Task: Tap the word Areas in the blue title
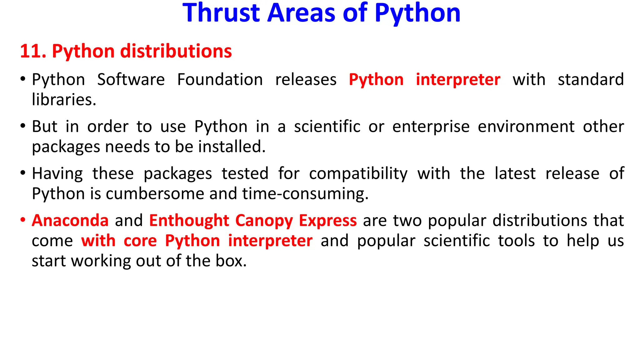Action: [x=301, y=13]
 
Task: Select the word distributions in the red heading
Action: [x=176, y=51]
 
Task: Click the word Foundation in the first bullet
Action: [x=220, y=80]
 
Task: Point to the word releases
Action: [x=306, y=80]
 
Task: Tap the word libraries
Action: [x=64, y=100]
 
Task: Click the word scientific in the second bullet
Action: [x=327, y=127]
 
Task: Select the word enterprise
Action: [x=431, y=127]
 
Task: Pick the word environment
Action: [x=526, y=127]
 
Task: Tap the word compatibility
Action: [x=358, y=174]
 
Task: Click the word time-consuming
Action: [x=305, y=194]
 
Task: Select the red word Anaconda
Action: [x=70, y=221]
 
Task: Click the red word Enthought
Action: [x=189, y=221]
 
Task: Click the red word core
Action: [x=140, y=241]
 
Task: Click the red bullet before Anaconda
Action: [x=23, y=220]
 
